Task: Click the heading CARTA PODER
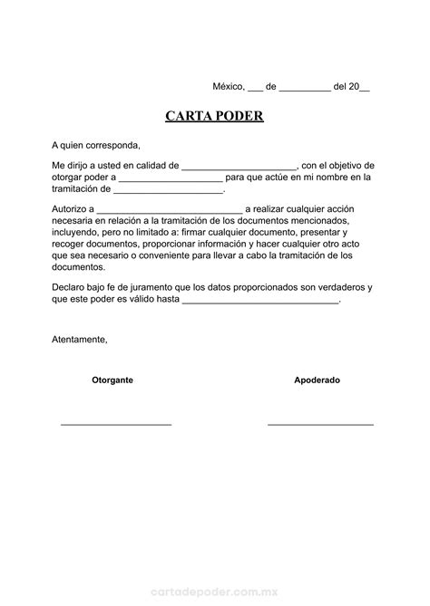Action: click(214, 117)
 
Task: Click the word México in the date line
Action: click(229, 87)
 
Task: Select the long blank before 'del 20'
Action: click(305, 89)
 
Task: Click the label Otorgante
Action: click(112, 380)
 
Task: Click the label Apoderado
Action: click(317, 380)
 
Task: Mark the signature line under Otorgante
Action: click(115, 424)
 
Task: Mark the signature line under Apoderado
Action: click(320, 424)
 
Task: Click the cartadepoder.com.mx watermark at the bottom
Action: click(214, 589)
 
